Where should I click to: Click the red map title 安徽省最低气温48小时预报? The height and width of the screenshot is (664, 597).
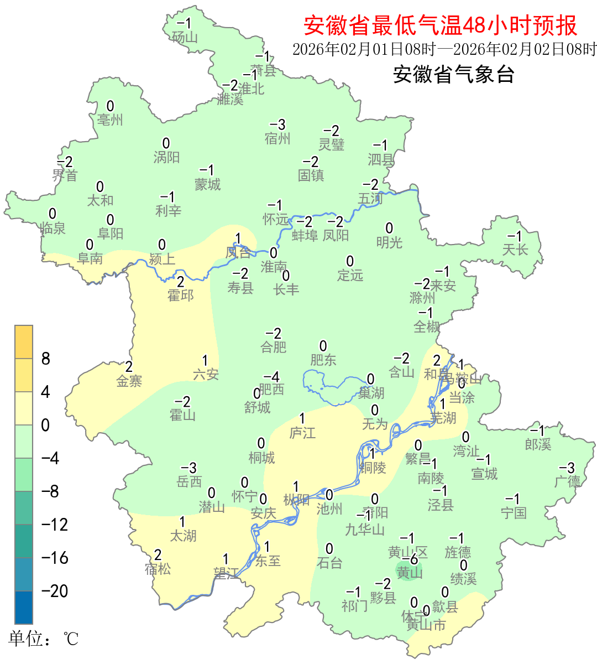pos(440,25)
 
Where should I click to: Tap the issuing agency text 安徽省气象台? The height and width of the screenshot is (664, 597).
pos(454,74)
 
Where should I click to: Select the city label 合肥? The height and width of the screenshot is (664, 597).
pos(274,347)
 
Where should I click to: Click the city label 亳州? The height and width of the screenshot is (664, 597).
pos(110,120)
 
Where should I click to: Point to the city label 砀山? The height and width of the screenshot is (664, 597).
pos(185,37)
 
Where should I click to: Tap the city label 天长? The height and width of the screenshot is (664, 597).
pos(515,250)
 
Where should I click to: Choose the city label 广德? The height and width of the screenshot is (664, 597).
pos(568,481)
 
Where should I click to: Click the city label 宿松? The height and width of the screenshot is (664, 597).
pos(158,568)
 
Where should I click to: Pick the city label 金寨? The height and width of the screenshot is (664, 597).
pos(129,381)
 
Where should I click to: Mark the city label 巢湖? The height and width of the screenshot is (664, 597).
pos(371,393)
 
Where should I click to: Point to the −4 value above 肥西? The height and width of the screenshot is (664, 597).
pos(271,376)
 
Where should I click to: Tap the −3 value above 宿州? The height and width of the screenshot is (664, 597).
pos(277,125)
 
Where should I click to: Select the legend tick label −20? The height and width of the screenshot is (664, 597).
pos(55,591)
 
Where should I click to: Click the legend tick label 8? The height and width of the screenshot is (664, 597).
pos(46,359)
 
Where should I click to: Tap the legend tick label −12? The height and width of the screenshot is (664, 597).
pos(55,525)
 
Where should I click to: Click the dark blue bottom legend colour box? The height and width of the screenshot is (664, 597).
pos(24,608)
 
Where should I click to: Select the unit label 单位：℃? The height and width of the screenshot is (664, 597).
pos(44,639)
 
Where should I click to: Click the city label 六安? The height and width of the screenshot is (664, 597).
pos(206,375)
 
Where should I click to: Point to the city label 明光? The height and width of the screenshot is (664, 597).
pos(389,242)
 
